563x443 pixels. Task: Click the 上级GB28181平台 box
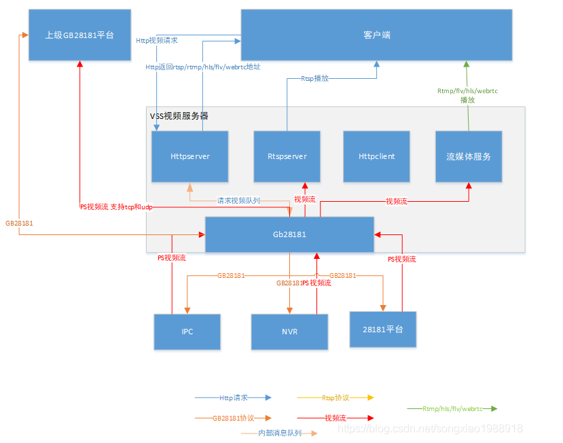(79, 35)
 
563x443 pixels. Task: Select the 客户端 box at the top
(376, 35)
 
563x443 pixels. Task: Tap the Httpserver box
(190, 156)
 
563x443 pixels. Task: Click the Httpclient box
(376, 156)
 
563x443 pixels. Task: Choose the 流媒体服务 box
(469, 156)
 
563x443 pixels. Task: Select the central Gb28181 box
(289, 234)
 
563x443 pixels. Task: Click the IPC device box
(187, 332)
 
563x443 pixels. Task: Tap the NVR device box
(289, 332)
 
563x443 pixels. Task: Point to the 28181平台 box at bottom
(383, 330)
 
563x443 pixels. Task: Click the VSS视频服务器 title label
(179, 116)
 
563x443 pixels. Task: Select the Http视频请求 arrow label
(157, 40)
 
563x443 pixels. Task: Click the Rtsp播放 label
(314, 79)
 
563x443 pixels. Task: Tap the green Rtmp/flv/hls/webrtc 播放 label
(467, 95)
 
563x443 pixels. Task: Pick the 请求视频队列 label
(238, 200)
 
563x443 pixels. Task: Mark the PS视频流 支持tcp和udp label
(116, 207)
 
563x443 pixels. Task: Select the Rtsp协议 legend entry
(335, 397)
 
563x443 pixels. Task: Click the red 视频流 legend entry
(335, 418)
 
